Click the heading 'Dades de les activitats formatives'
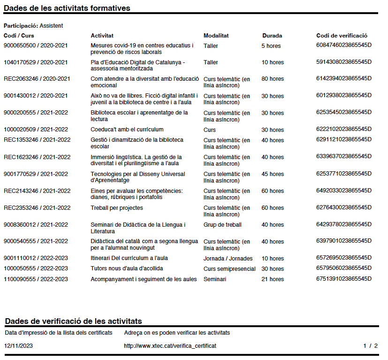click(x=67, y=8)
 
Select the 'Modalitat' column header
click(x=216, y=36)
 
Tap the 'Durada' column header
click(x=272, y=36)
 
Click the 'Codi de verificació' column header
click(x=342, y=36)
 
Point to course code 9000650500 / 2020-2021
click(x=36, y=46)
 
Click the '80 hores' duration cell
click(x=273, y=79)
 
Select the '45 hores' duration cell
click(x=273, y=174)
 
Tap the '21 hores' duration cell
click(x=273, y=279)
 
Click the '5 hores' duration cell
click(x=271, y=46)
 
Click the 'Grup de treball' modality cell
click(x=222, y=225)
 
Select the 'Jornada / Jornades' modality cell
click(x=228, y=259)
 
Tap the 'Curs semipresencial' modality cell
click(x=229, y=269)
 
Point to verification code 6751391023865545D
click(x=344, y=279)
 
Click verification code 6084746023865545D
click(x=344, y=45)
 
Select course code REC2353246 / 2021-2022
click(x=37, y=208)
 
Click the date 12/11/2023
click(x=18, y=346)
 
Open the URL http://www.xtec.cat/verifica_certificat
click(x=170, y=346)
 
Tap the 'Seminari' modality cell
click(x=215, y=279)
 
